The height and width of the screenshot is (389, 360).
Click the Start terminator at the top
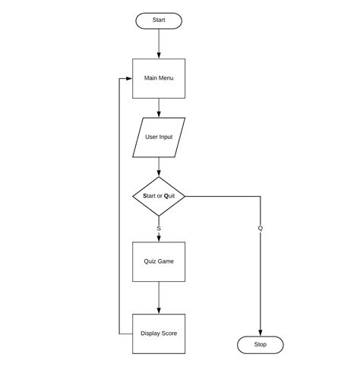click(159, 21)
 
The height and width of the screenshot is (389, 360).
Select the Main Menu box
click(159, 78)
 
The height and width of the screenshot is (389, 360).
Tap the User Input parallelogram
click(159, 138)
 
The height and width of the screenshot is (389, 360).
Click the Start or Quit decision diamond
click(159, 196)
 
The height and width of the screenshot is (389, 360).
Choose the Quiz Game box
click(159, 261)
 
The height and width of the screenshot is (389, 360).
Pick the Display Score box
click(159, 334)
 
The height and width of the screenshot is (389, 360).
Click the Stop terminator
click(261, 345)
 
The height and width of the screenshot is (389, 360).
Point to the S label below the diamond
click(159, 228)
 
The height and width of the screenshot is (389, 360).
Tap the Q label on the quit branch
click(261, 228)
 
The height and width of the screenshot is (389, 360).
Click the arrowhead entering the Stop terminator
click(261, 333)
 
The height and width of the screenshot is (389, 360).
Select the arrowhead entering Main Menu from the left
click(128, 78)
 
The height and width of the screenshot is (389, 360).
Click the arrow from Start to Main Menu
click(159, 43)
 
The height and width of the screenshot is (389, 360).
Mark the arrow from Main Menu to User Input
click(159, 108)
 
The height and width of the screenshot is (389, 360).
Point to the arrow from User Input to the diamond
click(159, 166)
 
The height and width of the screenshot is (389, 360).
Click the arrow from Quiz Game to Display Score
click(159, 298)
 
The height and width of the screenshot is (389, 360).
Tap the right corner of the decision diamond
click(185, 196)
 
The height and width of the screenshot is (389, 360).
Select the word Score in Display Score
click(169, 334)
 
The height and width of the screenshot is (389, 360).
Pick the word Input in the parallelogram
click(165, 138)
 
